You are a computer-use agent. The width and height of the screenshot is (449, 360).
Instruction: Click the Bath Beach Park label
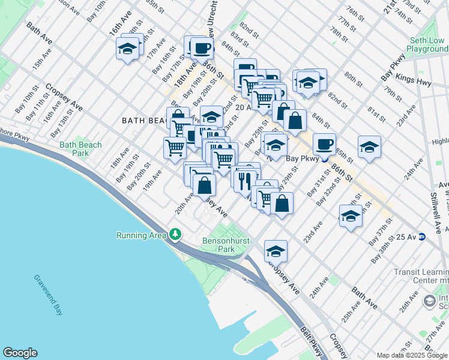[80, 149]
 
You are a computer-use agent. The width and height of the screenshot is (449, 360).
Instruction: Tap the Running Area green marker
[175, 235]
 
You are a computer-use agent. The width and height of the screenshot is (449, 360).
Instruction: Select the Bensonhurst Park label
[225, 244]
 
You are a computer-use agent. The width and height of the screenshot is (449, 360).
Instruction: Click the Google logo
[20, 353]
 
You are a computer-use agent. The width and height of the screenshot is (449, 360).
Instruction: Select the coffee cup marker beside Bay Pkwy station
[324, 143]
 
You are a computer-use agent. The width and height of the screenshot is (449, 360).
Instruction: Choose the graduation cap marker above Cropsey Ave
[276, 250]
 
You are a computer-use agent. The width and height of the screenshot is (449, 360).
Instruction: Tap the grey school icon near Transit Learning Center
[430, 299]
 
